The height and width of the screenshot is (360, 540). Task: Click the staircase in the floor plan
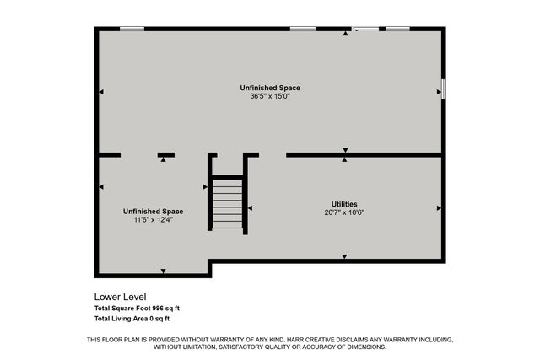(x=228, y=202)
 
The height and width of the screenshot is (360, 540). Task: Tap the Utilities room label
(x=344, y=204)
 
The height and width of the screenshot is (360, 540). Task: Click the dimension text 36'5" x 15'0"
(x=270, y=96)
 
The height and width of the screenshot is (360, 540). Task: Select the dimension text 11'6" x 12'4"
(x=153, y=220)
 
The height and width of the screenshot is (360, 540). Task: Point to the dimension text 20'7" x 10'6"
(x=344, y=212)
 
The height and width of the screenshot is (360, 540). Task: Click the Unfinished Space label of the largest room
(x=270, y=88)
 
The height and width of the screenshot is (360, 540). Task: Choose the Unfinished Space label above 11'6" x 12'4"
(x=153, y=211)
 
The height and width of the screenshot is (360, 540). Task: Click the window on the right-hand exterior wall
(x=443, y=89)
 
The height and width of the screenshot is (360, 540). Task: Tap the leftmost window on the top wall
(x=131, y=29)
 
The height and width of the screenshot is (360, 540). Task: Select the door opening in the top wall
(x=366, y=29)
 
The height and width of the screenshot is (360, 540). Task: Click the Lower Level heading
(x=121, y=297)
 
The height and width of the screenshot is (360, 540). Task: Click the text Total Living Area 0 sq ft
(x=132, y=319)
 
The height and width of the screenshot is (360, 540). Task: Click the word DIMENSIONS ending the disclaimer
(x=364, y=347)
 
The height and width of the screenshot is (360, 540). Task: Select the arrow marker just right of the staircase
(x=250, y=207)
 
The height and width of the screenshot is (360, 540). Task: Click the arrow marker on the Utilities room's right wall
(x=439, y=207)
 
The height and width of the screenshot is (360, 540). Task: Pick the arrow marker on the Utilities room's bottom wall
(x=344, y=256)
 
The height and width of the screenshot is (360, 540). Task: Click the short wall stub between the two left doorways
(x=166, y=154)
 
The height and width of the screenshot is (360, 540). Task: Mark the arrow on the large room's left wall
(x=101, y=91)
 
